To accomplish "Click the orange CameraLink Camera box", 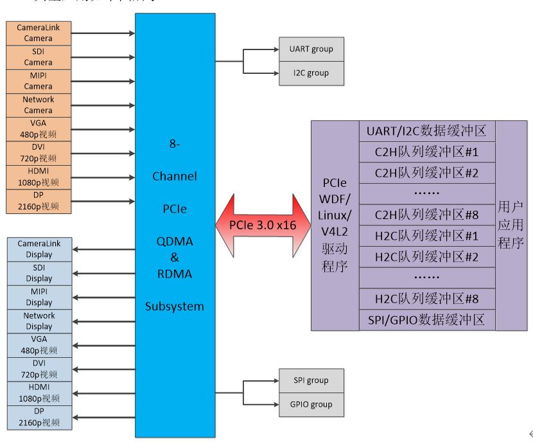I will [39, 33].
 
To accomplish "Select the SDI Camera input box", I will [39, 57].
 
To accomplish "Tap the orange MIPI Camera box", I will [39, 81].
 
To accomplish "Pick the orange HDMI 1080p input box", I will [39, 177].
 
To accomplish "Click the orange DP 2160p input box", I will [39, 200].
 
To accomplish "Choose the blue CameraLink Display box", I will [39, 249].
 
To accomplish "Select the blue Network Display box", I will [39, 321].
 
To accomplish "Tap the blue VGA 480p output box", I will [39, 345].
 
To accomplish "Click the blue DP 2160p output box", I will [39, 417].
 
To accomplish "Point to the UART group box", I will [311, 49].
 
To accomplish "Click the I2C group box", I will [311, 73].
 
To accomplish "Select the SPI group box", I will [311, 380].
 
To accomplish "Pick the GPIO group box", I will [311, 405].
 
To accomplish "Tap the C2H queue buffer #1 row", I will [427, 152].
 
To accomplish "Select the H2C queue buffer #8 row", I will [427, 299].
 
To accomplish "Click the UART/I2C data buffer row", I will [427, 132].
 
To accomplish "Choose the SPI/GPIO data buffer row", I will [427, 319].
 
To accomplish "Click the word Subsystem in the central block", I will [175, 306].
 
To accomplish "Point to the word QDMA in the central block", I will [175, 241].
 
